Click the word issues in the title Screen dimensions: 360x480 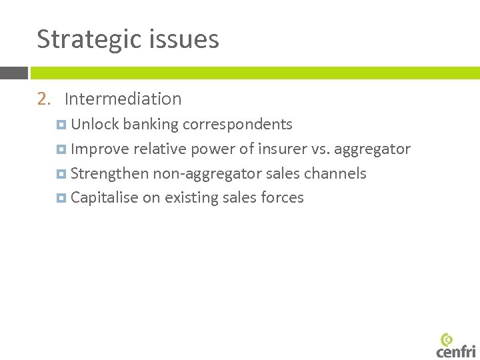click(x=188, y=39)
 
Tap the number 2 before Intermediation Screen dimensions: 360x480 click(x=43, y=99)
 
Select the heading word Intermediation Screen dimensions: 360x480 click(x=123, y=99)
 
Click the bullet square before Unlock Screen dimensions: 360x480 click(x=62, y=125)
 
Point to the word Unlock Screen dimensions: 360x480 click(x=95, y=125)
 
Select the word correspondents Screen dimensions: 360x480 click(x=237, y=125)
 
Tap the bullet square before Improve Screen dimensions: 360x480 click(x=62, y=149)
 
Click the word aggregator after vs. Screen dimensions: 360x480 click(x=372, y=149)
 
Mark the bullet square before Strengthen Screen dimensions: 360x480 click(x=62, y=174)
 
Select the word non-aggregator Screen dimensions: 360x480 click(x=209, y=174)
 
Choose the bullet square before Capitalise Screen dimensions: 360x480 click(x=62, y=198)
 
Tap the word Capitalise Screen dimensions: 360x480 click(x=104, y=198)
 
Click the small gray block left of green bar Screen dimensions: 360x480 click(x=13, y=73)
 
